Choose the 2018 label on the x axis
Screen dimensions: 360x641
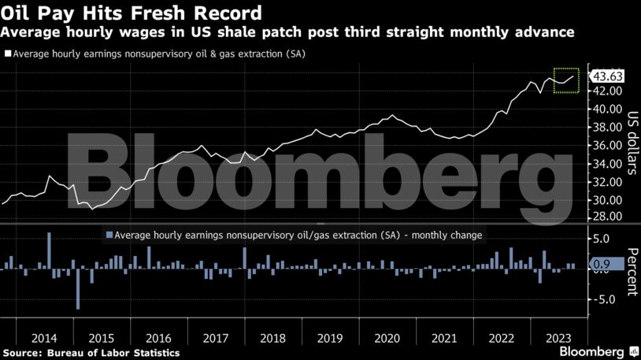[272, 337]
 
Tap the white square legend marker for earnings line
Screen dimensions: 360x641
[8, 54]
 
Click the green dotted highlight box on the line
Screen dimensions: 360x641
[566, 80]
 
